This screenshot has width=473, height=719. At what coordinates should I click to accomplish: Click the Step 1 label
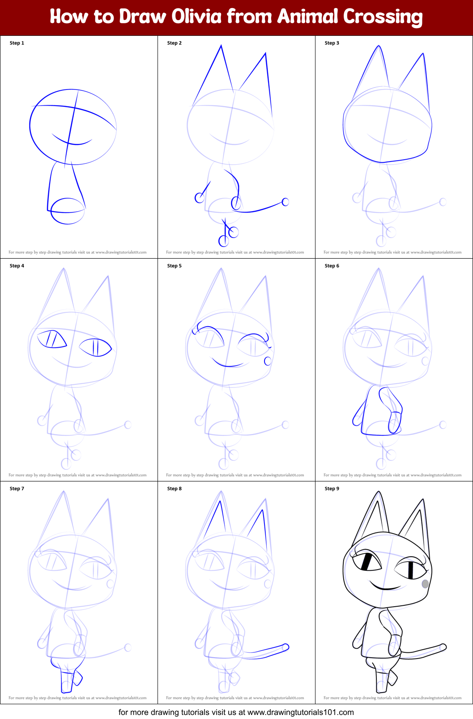point(17,43)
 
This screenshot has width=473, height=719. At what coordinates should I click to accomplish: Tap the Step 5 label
point(174,266)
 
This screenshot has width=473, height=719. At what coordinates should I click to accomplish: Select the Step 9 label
point(332,489)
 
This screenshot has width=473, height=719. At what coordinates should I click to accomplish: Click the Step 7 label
point(17,489)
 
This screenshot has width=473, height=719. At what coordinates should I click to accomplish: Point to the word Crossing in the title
point(383,17)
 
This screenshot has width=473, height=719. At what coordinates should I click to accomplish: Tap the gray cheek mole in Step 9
point(425,583)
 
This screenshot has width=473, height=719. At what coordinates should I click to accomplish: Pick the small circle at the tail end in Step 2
point(285,202)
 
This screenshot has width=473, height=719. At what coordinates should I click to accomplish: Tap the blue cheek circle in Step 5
point(268,361)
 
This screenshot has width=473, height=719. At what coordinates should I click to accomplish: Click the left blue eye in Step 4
point(51,339)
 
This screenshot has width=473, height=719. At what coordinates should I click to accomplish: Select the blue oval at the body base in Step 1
point(67,211)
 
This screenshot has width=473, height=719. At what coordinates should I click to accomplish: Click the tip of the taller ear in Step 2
point(221,46)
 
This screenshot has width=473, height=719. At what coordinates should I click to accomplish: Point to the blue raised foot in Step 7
point(78,678)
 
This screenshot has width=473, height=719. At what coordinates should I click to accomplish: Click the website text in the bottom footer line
point(300,712)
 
